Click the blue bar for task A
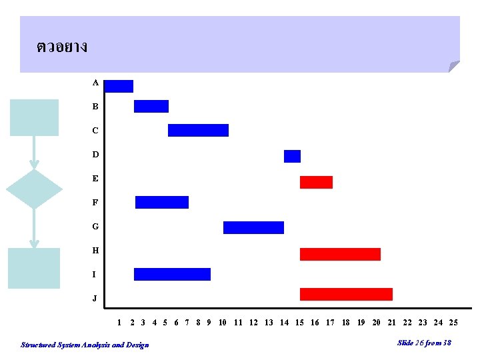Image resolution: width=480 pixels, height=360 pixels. [x=119, y=86]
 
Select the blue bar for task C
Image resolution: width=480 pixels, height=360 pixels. [x=199, y=131]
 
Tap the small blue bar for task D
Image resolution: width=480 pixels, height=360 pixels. [x=293, y=157]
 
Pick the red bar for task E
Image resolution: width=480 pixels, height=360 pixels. [x=316, y=183]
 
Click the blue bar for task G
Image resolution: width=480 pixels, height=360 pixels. [x=254, y=228]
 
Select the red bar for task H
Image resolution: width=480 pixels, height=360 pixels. [x=341, y=255]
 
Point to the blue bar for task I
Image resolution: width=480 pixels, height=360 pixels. [x=173, y=274]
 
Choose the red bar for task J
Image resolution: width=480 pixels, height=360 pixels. [x=346, y=294]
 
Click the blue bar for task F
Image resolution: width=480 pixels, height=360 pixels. [x=162, y=203]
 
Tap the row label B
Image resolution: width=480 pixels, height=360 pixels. [x=95, y=107]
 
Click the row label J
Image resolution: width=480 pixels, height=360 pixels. [x=95, y=298]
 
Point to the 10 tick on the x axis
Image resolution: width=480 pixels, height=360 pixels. [x=222, y=323]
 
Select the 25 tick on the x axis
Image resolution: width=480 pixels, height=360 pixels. [x=453, y=323]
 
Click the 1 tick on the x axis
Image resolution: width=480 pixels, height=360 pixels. [x=119, y=323]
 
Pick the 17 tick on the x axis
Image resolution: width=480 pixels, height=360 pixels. [x=330, y=323]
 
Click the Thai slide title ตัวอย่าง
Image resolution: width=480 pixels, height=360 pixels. [x=62, y=47]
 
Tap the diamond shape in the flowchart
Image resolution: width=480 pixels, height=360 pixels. [x=34, y=189]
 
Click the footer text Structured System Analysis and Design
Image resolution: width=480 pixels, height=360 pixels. [x=85, y=345]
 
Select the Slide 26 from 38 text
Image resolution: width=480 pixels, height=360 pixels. [x=424, y=343]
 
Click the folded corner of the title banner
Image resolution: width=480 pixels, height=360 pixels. [x=453, y=66]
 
